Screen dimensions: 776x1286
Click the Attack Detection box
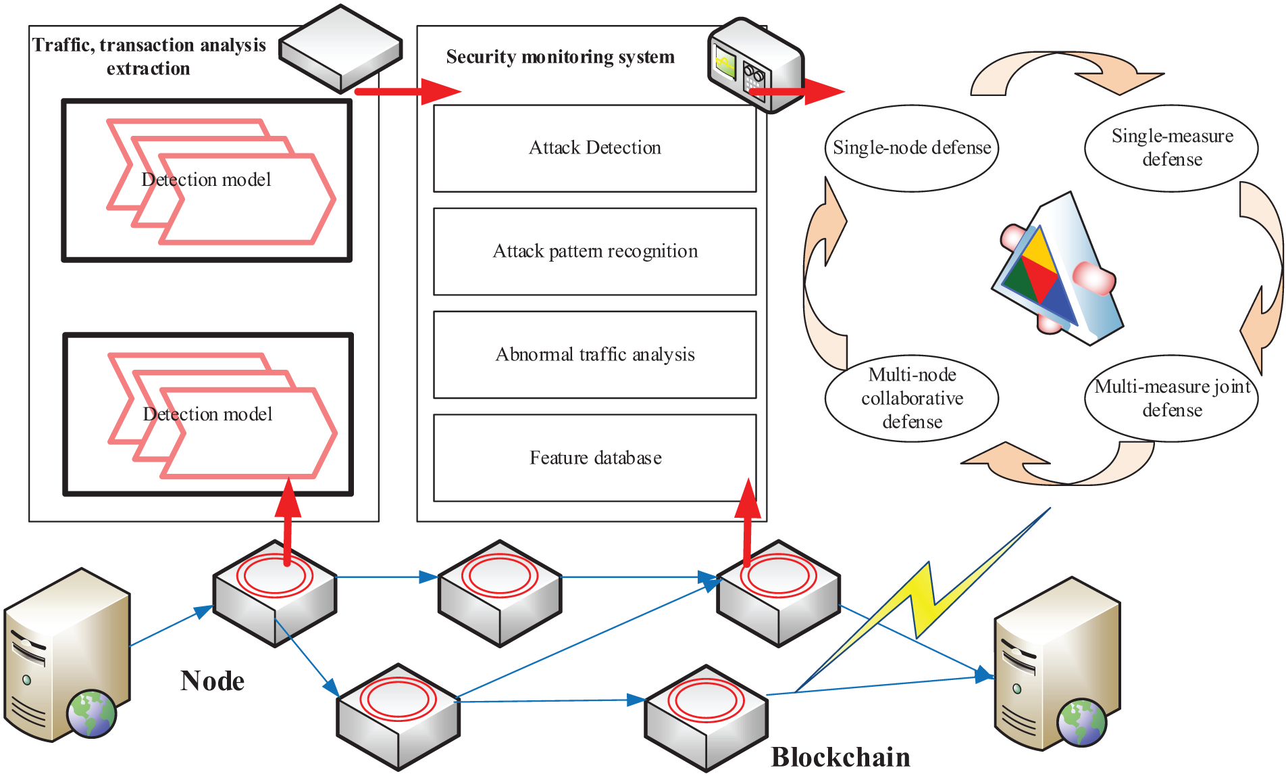[594, 148]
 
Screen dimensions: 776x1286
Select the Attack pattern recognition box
[594, 251]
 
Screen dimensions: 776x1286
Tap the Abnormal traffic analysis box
[594, 355]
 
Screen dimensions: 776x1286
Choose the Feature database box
[594, 458]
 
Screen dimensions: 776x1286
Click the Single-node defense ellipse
[911, 148]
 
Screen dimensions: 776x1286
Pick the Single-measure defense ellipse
[1171, 148]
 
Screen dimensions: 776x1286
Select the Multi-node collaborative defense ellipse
[911, 398]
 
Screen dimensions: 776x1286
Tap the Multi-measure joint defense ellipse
[1171, 398]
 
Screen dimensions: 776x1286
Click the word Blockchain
[840, 757]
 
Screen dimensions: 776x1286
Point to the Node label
[212, 681]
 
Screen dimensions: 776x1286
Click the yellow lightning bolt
[925, 602]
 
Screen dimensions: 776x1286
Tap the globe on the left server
[92, 714]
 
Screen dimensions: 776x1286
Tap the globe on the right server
[1081, 722]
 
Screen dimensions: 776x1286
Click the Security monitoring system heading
[560, 57]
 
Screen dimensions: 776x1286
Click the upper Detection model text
[206, 180]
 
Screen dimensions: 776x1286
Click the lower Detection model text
[207, 414]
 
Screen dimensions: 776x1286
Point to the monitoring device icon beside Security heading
[753, 64]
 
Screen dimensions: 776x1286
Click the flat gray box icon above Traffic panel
[340, 49]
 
